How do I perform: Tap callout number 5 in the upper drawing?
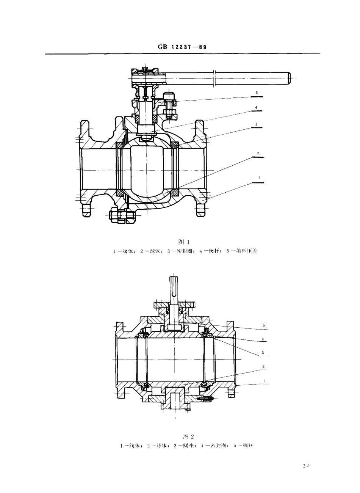(x=257, y=93)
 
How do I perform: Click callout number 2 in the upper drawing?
(x=258, y=153)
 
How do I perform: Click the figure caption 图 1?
(x=183, y=242)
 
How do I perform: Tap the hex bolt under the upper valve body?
(x=121, y=217)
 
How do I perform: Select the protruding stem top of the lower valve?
(x=174, y=287)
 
